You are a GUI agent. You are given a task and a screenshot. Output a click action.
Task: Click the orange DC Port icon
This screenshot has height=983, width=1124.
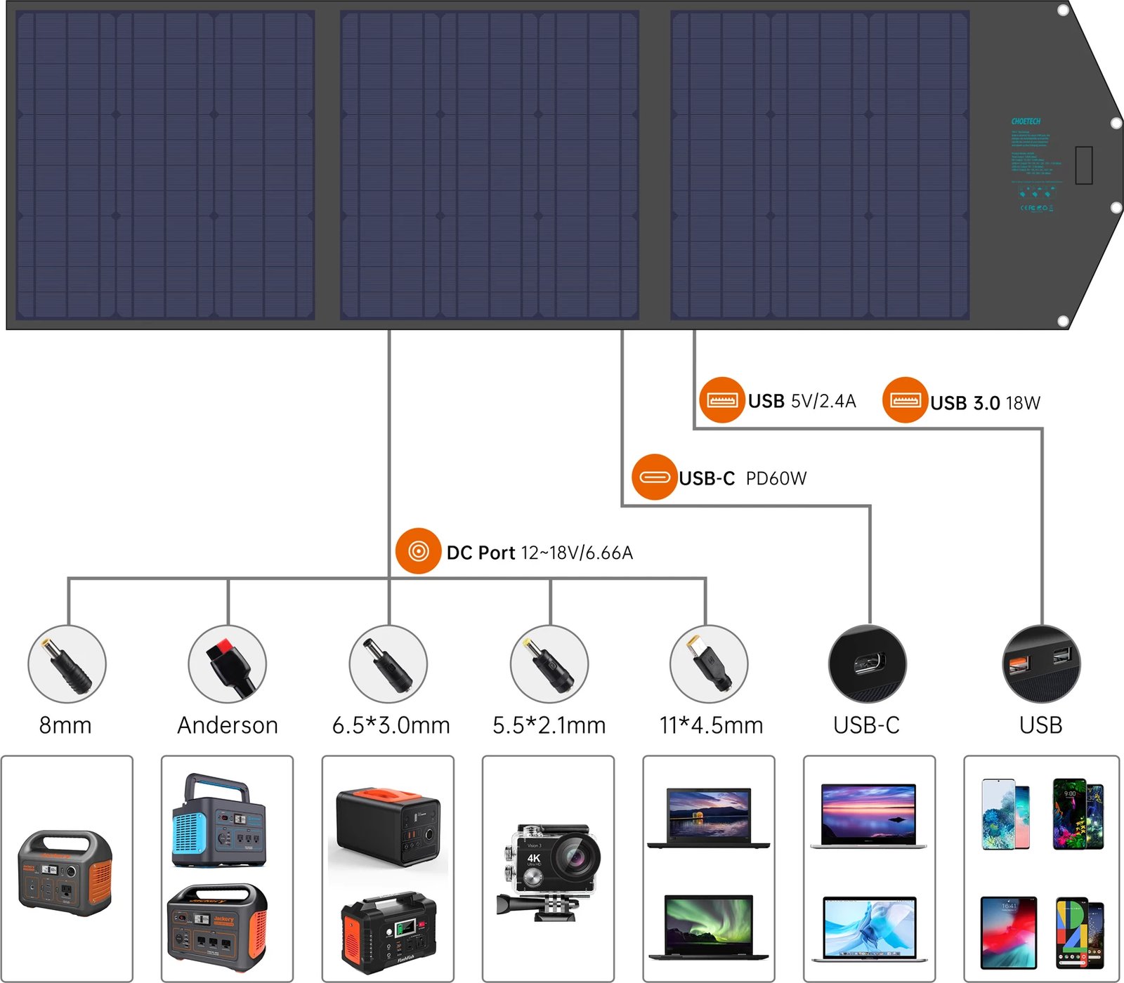pos(418,551)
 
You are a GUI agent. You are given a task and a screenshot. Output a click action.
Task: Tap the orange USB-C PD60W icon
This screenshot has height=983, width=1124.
pos(654,477)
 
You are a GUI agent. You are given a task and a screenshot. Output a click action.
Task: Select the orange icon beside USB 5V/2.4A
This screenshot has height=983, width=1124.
pos(721,400)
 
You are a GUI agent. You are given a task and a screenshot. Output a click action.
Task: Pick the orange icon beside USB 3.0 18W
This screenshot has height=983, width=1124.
pos(905,400)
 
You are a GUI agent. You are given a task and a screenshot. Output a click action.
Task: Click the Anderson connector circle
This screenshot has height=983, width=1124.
pos(228,664)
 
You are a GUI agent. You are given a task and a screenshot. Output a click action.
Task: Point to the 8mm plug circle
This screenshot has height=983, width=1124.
pos(67,664)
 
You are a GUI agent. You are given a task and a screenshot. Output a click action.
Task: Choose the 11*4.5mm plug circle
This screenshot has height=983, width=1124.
pos(709,664)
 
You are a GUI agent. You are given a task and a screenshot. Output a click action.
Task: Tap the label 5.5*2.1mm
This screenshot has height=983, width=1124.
pos(549,725)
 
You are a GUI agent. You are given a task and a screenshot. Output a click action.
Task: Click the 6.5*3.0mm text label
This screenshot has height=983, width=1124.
pos(391,725)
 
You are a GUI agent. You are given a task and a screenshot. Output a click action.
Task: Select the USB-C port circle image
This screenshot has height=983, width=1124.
pos(868,664)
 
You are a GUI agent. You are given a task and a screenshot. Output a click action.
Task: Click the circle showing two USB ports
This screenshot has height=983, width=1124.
pos(1041,664)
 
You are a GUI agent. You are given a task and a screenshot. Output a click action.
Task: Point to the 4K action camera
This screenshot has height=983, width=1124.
pos(550,871)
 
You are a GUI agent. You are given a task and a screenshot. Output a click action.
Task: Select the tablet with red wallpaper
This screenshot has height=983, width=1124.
pos(1008,932)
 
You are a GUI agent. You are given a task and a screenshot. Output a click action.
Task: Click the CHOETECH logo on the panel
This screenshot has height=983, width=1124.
pos(1026,121)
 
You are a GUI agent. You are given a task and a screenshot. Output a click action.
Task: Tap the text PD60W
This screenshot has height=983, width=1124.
pos(776,479)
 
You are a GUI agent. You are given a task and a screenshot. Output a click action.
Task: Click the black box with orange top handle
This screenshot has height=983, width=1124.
pos(387,826)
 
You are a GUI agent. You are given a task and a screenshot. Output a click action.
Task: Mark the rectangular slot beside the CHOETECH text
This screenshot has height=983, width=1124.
pos(1083,165)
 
